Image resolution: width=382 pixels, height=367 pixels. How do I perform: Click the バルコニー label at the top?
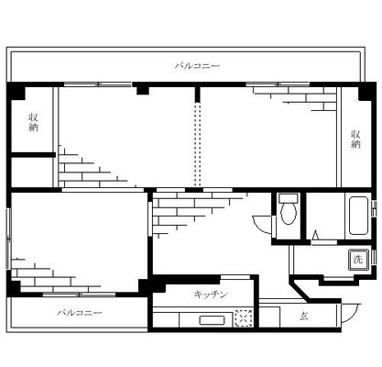tap(198, 66)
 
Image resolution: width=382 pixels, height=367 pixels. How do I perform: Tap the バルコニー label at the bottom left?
tap(79, 313)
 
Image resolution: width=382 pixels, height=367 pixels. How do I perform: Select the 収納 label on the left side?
tap(33, 122)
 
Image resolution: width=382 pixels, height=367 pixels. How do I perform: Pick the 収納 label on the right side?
tap(355, 139)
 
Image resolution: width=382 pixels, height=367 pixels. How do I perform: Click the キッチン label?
tap(210, 295)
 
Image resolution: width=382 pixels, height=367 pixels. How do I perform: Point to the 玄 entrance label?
tap(302, 317)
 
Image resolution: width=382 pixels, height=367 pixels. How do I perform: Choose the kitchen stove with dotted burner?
tap(243, 318)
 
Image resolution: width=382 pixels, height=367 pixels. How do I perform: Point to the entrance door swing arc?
tap(352, 312)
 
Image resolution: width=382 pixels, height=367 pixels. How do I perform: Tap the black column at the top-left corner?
tap(16, 92)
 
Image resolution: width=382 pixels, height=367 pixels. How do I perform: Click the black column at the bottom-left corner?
tap(14, 287)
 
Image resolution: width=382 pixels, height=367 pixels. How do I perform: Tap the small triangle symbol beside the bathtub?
tap(315, 236)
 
